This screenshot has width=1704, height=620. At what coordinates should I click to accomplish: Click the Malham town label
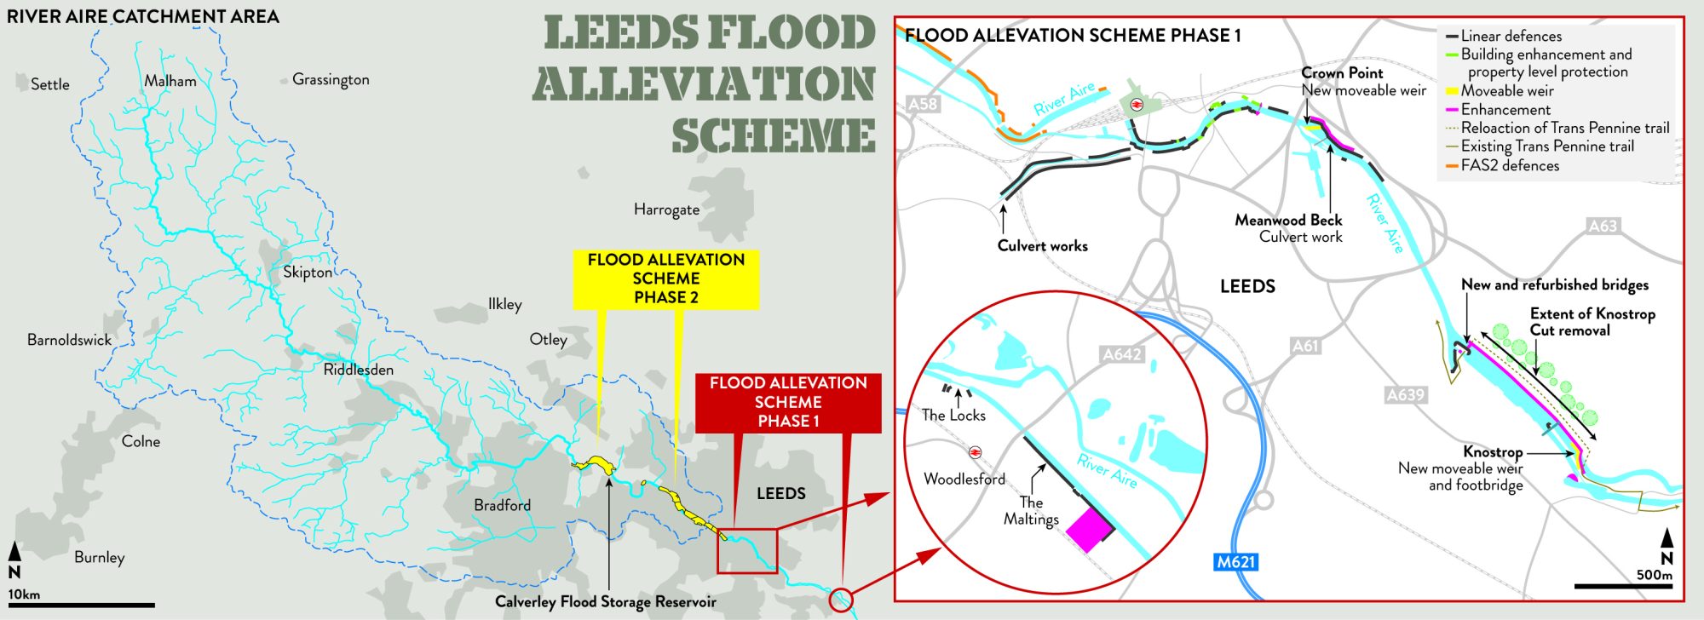point(170,82)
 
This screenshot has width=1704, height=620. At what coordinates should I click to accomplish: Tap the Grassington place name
point(331,79)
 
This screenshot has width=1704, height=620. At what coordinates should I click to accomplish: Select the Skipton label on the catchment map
point(308,272)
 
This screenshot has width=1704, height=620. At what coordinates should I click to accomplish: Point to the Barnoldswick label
point(69,340)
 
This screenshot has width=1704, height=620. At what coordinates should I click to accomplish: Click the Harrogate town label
point(666,210)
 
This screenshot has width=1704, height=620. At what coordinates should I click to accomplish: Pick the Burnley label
point(99,557)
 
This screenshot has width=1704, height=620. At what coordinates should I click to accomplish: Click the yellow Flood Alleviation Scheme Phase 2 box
point(665,278)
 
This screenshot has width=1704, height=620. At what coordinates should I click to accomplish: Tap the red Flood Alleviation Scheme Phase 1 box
point(788,402)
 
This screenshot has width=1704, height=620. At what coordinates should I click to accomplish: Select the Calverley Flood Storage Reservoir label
point(605,602)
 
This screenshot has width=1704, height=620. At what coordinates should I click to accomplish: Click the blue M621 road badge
point(1235,562)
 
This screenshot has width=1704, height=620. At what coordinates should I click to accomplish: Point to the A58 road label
point(922,104)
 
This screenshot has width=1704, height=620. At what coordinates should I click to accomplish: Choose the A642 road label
point(1121,354)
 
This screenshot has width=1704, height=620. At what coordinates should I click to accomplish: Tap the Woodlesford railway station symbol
point(975,452)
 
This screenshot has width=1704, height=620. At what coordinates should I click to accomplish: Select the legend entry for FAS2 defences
point(1510,165)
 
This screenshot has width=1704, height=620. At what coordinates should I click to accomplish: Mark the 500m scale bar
point(1623,586)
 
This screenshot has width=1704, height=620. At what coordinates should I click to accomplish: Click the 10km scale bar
point(81,606)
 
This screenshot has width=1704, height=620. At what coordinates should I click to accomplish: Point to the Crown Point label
point(1342,73)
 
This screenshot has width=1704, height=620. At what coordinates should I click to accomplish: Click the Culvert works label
point(1042,246)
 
